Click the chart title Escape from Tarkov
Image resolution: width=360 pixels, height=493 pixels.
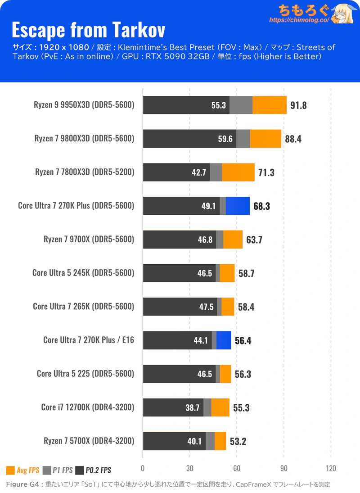tap(88, 30)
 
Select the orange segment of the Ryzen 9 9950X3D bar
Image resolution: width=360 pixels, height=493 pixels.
tap(270, 105)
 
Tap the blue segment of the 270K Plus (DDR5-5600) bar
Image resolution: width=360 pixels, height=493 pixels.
tap(238, 206)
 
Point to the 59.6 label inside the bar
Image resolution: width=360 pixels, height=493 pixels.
tap(225, 139)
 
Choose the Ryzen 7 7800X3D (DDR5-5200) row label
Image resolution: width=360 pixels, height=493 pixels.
tap(85, 172)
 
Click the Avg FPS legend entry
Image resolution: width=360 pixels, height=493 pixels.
tap(23, 470)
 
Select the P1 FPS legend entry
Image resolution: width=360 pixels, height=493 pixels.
tap(58, 470)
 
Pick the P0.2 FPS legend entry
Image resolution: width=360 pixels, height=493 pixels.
tap(93, 470)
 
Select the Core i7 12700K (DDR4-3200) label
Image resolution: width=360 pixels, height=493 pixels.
tap(88, 407)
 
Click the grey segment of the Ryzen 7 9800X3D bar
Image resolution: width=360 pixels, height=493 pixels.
tap(243, 139)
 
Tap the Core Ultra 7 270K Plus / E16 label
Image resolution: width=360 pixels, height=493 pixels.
tap(89, 340)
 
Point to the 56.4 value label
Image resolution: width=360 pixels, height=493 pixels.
tap(243, 341)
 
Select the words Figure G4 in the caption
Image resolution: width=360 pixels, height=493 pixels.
tap(20, 484)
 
